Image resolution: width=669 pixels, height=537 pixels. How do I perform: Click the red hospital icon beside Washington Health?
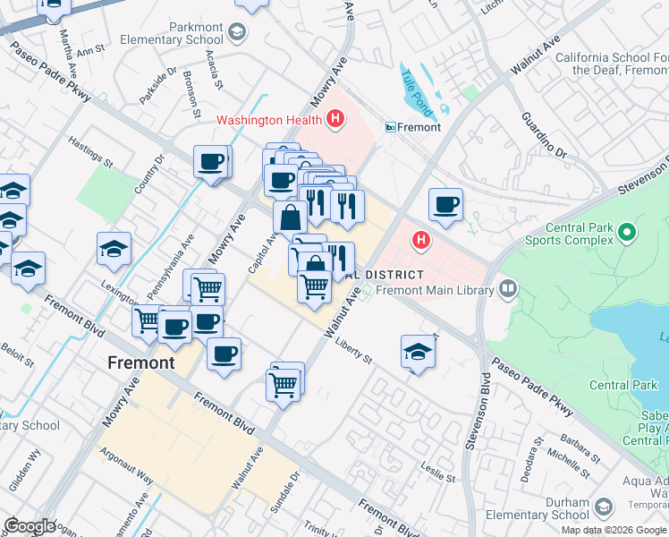(x=335, y=118)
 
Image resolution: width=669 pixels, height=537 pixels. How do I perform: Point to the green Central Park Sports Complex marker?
(x=627, y=233)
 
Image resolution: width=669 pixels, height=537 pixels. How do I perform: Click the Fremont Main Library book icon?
(x=508, y=289)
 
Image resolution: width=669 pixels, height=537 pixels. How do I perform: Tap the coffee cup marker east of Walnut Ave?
(x=445, y=205)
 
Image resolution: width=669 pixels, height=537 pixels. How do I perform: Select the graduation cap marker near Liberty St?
(x=418, y=352)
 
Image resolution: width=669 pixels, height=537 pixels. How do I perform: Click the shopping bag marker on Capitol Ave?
(x=291, y=217)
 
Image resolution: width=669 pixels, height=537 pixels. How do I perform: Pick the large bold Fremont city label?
(x=140, y=362)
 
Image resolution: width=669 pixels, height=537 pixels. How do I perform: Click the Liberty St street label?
(x=353, y=351)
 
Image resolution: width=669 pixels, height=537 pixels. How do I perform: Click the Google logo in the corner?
(x=30, y=525)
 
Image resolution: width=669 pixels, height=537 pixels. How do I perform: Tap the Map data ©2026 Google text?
(x=614, y=530)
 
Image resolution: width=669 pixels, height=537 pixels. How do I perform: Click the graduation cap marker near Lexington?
(x=114, y=250)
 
